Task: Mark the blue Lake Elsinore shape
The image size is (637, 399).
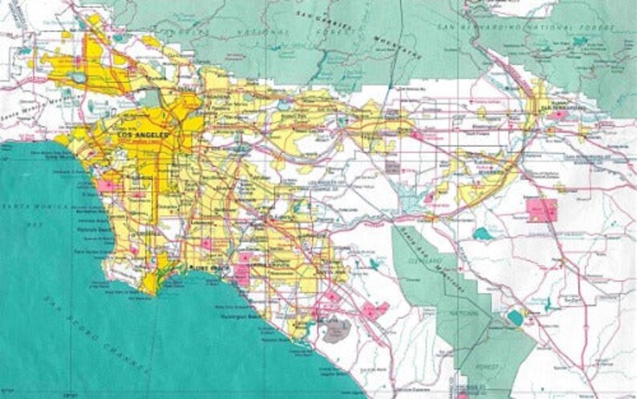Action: point(514,318)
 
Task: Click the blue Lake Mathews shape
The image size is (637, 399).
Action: point(482,234)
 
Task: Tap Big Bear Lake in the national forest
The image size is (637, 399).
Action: point(579,41)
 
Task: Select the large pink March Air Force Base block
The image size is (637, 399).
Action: point(542,210)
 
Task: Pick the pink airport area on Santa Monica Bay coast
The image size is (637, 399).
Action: point(106,185)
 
